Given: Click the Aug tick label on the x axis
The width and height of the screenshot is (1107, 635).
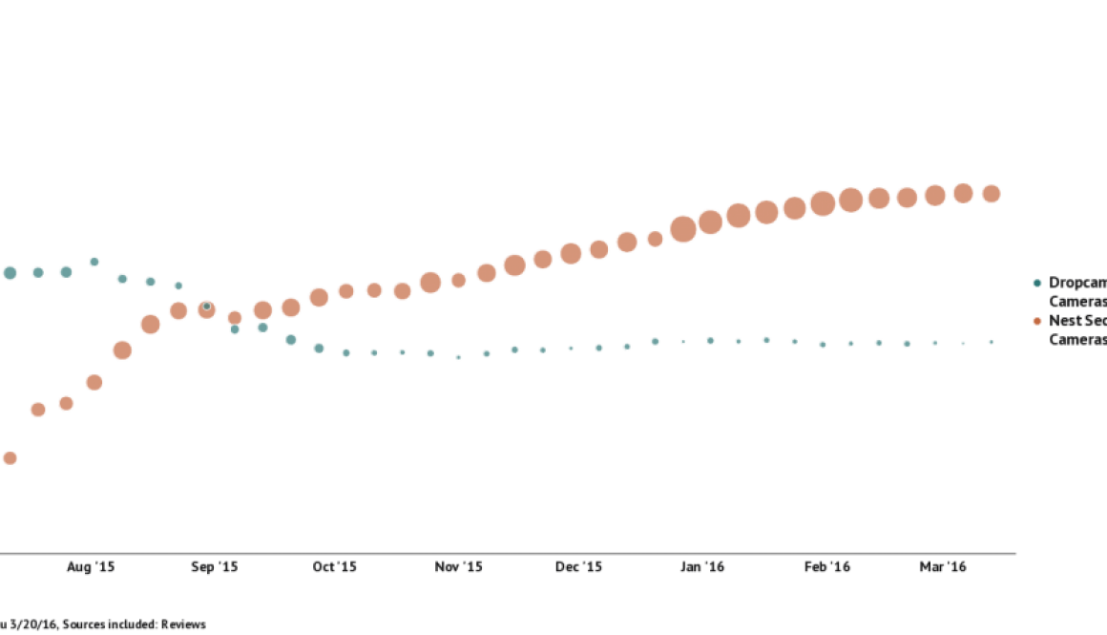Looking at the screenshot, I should (92, 567).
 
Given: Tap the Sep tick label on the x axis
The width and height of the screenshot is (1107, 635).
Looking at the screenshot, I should (215, 567).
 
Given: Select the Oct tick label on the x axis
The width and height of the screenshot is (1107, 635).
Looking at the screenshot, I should (335, 567).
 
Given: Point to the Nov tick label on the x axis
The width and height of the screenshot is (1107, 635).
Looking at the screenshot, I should (460, 567).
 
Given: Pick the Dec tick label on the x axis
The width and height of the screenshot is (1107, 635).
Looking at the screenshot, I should (580, 567).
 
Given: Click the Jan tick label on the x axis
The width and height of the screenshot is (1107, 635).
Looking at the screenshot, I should (703, 567).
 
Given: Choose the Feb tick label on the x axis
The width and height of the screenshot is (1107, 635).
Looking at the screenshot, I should (827, 567).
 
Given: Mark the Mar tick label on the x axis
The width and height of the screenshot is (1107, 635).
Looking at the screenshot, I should (944, 567).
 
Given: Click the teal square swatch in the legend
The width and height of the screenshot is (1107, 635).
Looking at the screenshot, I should (1037, 283).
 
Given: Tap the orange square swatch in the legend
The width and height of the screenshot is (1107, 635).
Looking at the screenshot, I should (1037, 322).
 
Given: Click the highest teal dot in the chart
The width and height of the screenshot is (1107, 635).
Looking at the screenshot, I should (94, 261).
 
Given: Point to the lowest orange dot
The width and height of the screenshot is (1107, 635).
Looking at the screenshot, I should (10, 458).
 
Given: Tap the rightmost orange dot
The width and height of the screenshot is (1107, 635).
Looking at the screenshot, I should (992, 194).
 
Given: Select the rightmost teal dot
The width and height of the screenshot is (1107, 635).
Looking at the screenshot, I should (992, 342).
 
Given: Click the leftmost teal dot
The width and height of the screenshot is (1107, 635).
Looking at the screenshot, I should (10, 273).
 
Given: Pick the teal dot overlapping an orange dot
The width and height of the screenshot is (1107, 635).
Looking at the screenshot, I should (206, 307).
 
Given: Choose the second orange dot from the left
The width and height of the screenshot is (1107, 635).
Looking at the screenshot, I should (38, 410).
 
